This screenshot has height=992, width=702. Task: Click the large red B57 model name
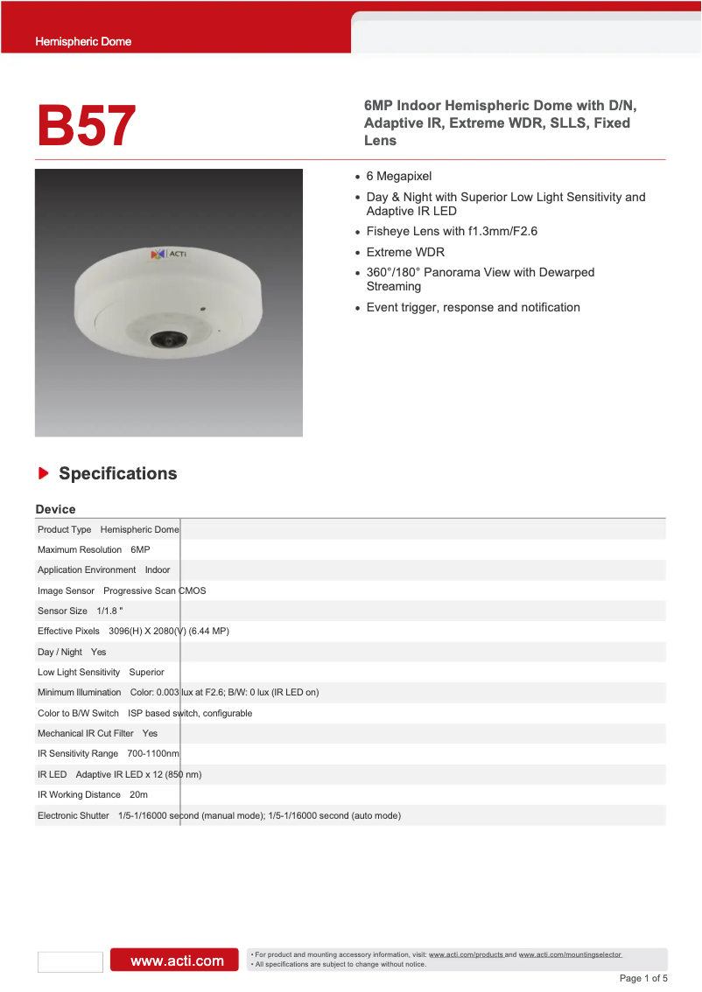click(86, 125)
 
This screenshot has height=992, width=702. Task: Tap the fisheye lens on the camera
click(163, 339)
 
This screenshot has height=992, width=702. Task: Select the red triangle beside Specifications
click(43, 473)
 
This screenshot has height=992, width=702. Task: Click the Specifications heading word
click(117, 473)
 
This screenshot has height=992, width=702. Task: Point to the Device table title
click(55, 509)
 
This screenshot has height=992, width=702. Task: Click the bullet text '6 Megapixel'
click(399, 177)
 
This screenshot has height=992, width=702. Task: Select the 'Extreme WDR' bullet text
click(405, 252)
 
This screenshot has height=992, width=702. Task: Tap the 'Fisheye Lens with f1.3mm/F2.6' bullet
click(452, 232)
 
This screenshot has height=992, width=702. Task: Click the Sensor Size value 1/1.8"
click(109, 611)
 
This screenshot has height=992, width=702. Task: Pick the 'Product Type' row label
click(64, 529)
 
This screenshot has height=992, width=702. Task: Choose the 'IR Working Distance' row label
click(79, 794)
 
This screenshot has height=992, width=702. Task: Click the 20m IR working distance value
click(138, 794)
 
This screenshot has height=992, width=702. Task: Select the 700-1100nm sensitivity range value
click(153, 753)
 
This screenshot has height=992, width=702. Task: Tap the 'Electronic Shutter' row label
click(74, 815)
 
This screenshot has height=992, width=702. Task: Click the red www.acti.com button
click(173, 961)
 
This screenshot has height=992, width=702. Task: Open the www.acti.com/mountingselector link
click(570, 954)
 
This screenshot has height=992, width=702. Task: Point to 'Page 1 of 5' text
click(643, 978)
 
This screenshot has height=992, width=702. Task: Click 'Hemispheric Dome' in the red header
click(83, 41)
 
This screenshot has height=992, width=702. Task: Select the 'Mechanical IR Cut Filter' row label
click(85, 733)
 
